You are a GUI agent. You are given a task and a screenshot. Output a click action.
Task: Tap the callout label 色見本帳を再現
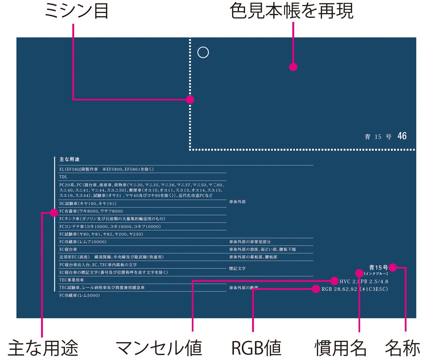(292, 12)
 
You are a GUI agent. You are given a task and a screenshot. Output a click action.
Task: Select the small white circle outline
(203, 53)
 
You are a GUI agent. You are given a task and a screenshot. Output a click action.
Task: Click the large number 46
(402, 136)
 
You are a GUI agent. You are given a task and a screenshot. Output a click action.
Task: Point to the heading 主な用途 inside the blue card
(69, 159)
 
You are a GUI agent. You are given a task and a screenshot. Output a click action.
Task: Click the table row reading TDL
(63, 177)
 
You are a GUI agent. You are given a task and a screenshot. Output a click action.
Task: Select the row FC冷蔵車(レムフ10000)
(83, 242)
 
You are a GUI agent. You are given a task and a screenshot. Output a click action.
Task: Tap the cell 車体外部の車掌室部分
(252, 242)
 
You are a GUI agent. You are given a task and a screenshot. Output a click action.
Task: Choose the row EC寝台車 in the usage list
(68, 249)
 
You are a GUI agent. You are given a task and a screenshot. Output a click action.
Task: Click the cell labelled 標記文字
(237, 268)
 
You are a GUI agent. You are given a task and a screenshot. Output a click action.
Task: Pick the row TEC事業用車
(72, 280)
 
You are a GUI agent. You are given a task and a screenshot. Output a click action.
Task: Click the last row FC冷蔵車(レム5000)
(79, 295)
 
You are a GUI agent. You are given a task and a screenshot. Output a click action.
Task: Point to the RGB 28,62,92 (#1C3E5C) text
(355, 289)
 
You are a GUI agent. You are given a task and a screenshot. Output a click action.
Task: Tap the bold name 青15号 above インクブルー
(378, 267)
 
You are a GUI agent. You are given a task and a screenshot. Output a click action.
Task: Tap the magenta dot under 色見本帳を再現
(293, 67)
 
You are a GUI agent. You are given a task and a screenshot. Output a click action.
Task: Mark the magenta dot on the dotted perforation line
(190, 100)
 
